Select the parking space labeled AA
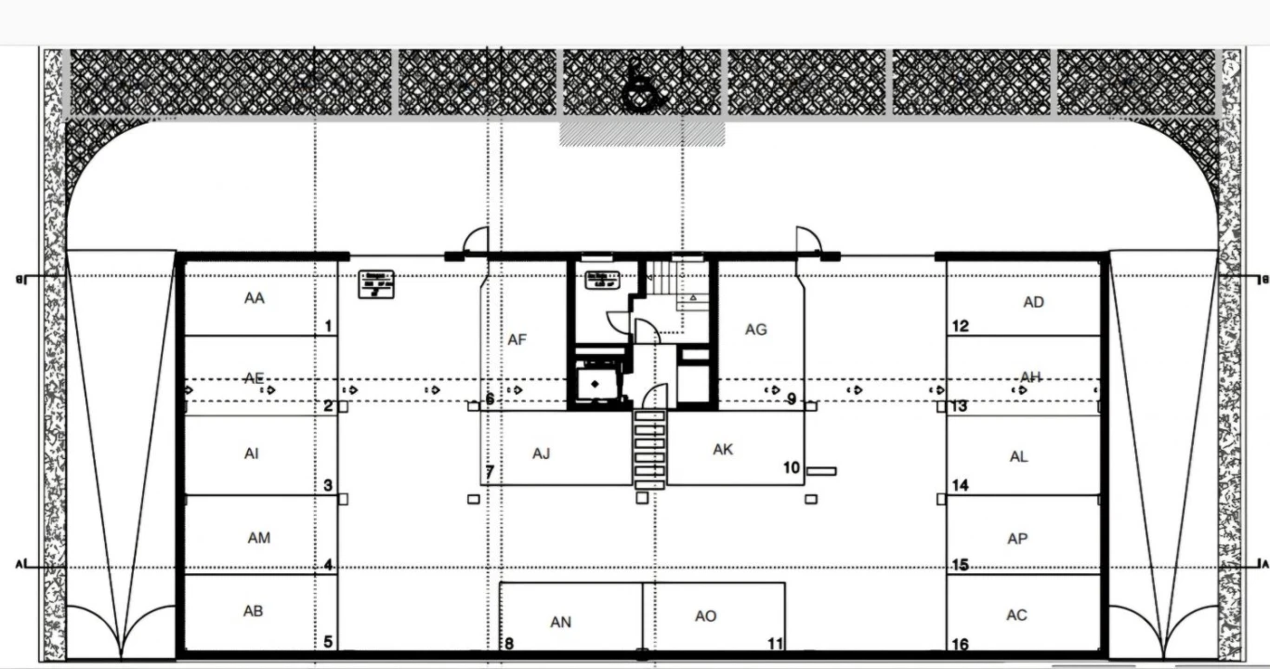(x=255, y=298)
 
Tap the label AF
(x=517, y=340)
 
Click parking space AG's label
(x=756, y=329)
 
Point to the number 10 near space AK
(x=792, y=467)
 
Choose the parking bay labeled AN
(x=561, y=622)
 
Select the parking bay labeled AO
(x=706, y=616)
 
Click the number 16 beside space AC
(x=961, y=645)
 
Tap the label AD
(x=1033, y=302)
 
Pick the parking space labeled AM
(x=259, y=537)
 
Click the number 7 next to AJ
(x=490, y=472)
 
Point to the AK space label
(x=723, y=450)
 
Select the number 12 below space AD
(x=961, y=326)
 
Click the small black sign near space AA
(x=376, y=283)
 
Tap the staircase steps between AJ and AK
(x=649, y=448)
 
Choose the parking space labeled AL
(x=1018, y=456)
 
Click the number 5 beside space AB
(x=328, y=641)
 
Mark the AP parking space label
(x=1017, y=539)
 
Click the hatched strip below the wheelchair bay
(x=642, y=134)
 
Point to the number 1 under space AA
(x=328, y=326)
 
